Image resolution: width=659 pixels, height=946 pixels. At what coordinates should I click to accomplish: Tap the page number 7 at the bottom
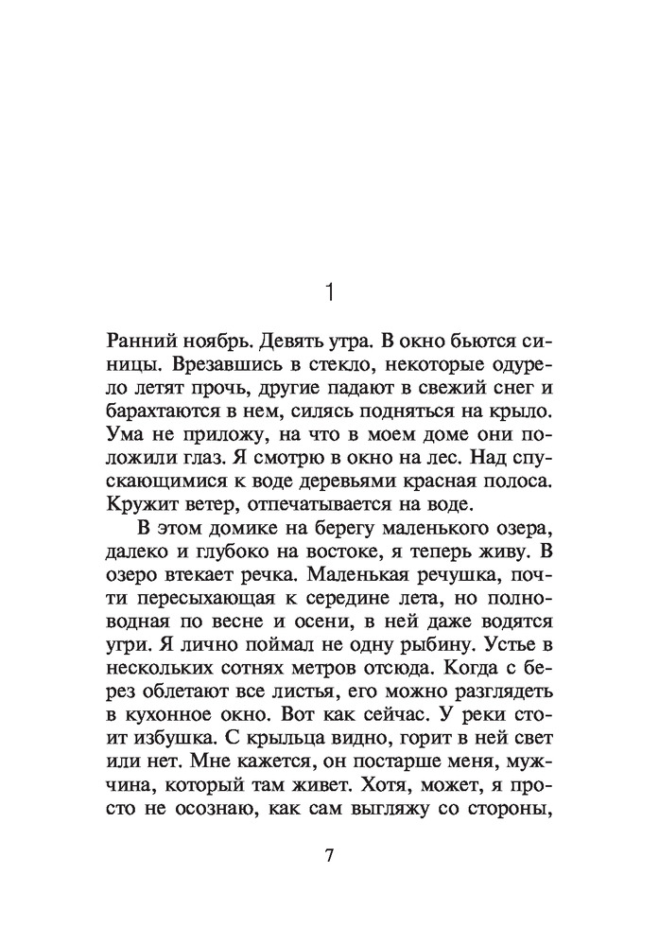pyautogui.click(x=329, y=857)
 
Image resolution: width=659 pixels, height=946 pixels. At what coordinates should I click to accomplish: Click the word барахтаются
pyautogui.click(x=161, y=416)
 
